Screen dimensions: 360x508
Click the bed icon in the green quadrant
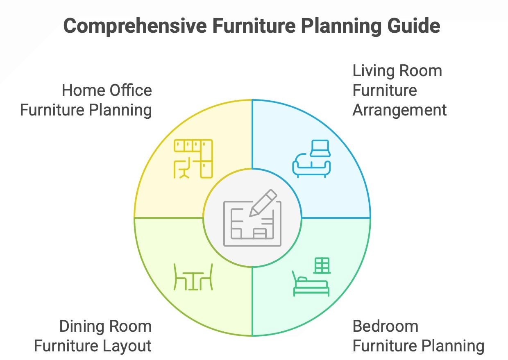point(311,286)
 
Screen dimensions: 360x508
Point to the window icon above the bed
point(322,265)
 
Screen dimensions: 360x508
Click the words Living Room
point(397,71)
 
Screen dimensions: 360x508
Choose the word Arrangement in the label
point(399,110)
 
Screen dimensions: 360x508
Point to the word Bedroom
point(385,326)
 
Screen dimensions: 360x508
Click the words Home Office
point(107,91)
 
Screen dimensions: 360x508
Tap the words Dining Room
point(105,326)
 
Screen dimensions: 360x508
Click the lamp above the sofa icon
point(320,148)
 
